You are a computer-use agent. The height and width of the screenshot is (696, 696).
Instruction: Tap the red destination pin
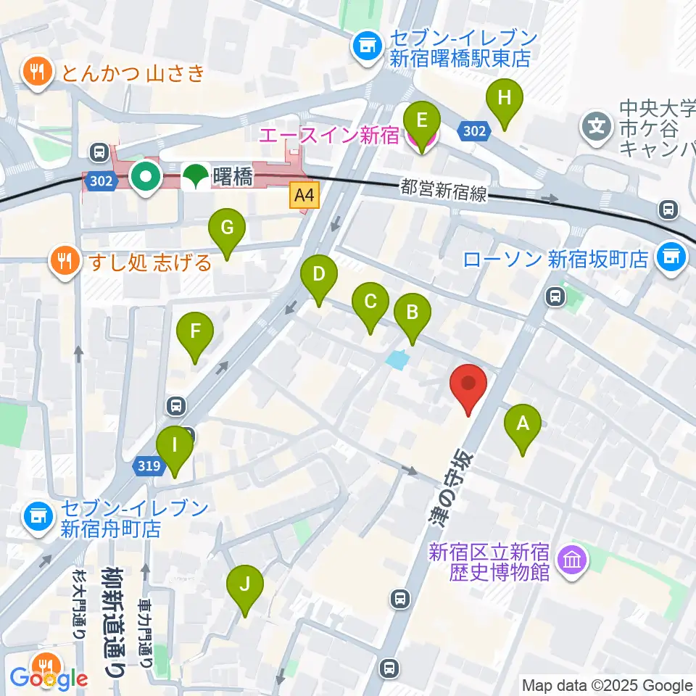[x=468, y=385]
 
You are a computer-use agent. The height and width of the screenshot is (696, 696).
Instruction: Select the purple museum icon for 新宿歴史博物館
[x=572, y=560]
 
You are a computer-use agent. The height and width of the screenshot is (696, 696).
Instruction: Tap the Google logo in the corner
[x=48, y=679]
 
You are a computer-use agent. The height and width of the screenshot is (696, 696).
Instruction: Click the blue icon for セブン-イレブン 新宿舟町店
[x=36, y=517]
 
